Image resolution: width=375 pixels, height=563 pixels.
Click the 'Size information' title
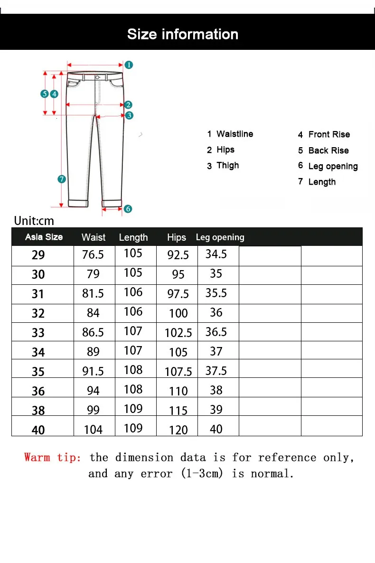pyautogui.click(x=183, y=34)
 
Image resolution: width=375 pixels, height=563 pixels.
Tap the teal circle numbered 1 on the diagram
pyautogui.click(x=129, y=65)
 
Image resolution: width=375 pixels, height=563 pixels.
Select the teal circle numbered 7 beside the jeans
pyautogui.click(x=61, y=179)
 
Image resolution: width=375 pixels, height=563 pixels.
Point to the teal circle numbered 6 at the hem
pyautogui.click(x=128, y=208)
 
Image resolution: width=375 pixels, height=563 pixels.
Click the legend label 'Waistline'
pyautogui.click(x=234, y=134)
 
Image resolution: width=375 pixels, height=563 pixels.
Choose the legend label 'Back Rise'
pyautogui.click(x=328, y=150)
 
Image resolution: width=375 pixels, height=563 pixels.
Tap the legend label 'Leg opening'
pyautogui.click(x=333, y=166)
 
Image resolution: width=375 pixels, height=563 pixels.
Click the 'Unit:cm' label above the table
pyautogui.click(x=34, y=221)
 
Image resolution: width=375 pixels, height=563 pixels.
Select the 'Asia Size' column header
pyautogui.click(x=44, y=237)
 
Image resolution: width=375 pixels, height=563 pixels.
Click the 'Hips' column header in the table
pyautogui.click(x=177, y=237)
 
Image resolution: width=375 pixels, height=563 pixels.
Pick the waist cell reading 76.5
pyautogui.click(x=93, y=255)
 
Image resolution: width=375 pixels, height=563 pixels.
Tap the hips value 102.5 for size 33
pyautogui.click(x=178, y=333)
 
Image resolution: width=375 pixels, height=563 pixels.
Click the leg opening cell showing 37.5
pyautogui.click(x=216, y=371)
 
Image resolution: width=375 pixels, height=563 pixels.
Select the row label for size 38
pyautogui.click(x=38, y=410)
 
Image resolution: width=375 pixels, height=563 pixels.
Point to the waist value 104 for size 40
pyautogui.click(x=93, y=430)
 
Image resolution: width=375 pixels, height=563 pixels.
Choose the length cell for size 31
pyautogui.click(x=133, y=292)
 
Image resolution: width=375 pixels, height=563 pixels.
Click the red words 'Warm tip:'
pyautogui.click(x=53, y=458)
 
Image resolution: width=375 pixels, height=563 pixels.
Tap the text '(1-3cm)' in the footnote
pyautogui.click(x=202, y=473)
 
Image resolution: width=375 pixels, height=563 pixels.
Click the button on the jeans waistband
pyautogui.click(x=97, y=77)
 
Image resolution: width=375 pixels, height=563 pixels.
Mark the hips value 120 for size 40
pyautogui.click(x=178, y=430)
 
